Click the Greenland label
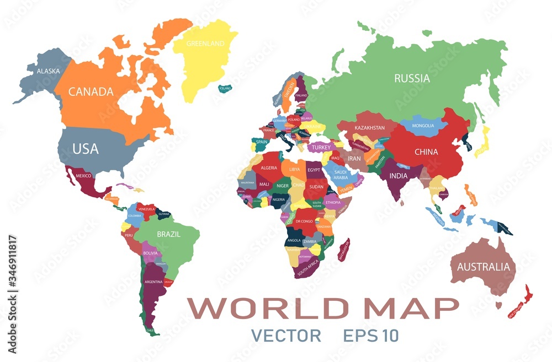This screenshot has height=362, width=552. tap(205, 44)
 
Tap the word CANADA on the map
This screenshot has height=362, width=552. tap(91, 91)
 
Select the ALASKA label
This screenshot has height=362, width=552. tap(48, 71)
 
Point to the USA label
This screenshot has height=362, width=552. tap(86, 149)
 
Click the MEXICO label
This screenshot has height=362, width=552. tap(83, 176)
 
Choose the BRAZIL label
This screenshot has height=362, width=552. tap(168, 234)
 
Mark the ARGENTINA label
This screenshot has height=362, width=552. tap(153, 282)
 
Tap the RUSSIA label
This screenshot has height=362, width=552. tap(412, 78)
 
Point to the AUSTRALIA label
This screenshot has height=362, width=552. tap(484, 267)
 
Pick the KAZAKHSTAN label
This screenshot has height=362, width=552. tap(369, 128)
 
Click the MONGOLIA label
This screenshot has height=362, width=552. tap(423, 126)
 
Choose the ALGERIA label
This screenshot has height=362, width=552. tap(268, 168)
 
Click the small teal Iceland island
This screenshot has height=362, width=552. tap(225, 88)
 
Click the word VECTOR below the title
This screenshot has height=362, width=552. tap(285, 335)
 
